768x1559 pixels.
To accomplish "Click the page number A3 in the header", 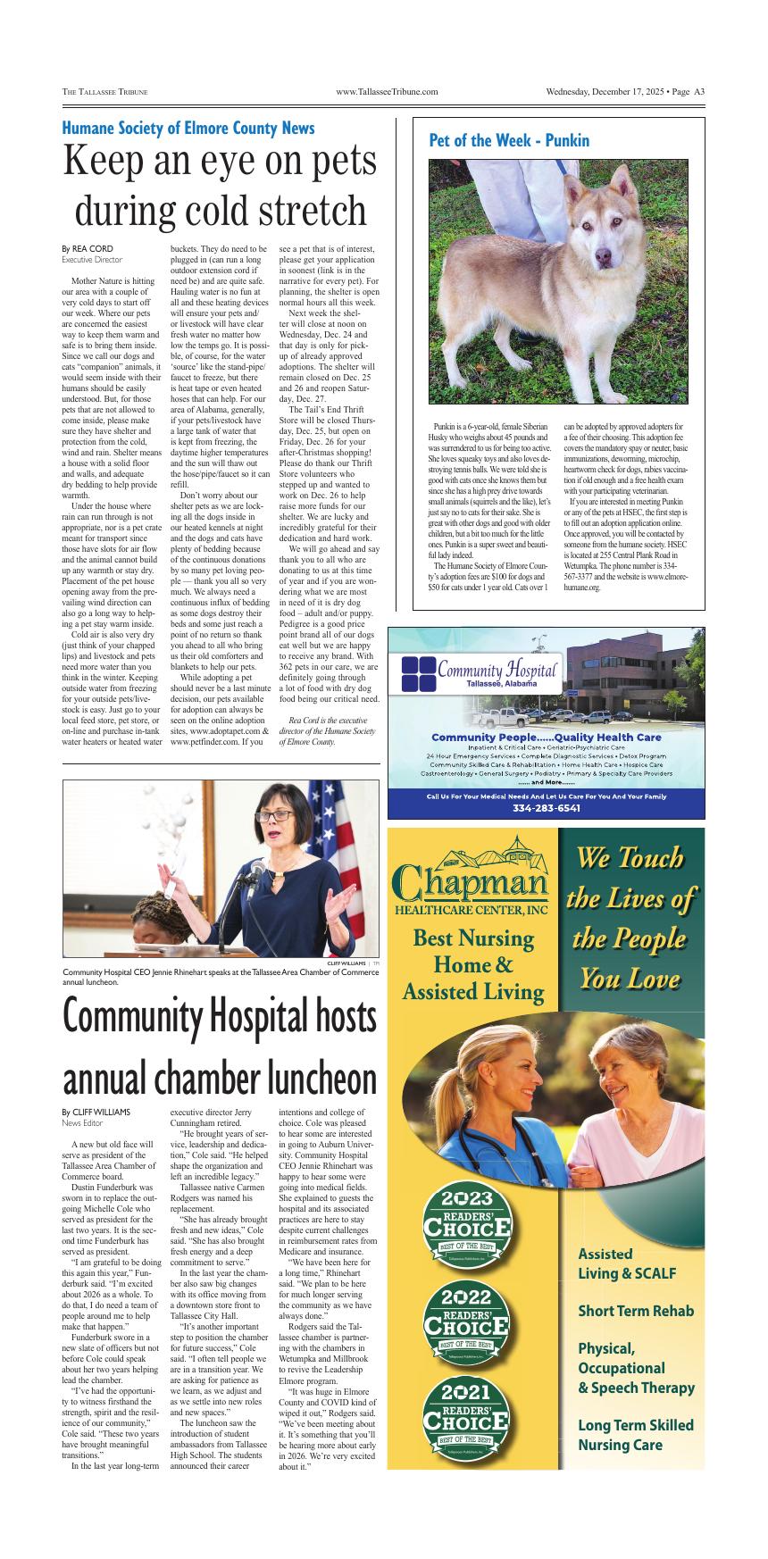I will pos(699,91).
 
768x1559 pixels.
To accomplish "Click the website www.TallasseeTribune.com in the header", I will pos(386,91).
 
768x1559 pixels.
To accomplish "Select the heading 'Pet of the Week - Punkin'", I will pos(509,140).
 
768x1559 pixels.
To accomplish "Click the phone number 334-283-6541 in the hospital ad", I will pos(546,808).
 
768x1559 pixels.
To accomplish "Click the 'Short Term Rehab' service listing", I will pos(635,1311).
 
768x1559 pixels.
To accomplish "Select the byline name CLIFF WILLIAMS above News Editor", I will pos(101,1112).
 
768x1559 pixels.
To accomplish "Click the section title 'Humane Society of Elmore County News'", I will pos(188,128).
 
